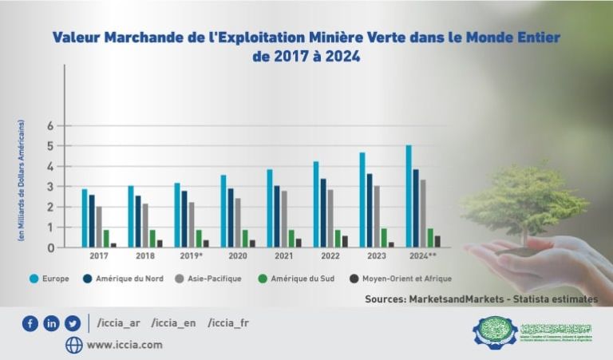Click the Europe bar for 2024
[409, 196]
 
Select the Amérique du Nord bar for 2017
[93, 221]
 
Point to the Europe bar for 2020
[223, 211]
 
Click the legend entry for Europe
[50, 279]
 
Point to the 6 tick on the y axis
[49, 126]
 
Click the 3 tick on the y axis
[49, 187]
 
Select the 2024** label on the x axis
[423, 257]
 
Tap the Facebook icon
[30, 323]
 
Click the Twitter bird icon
[73, 323]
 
